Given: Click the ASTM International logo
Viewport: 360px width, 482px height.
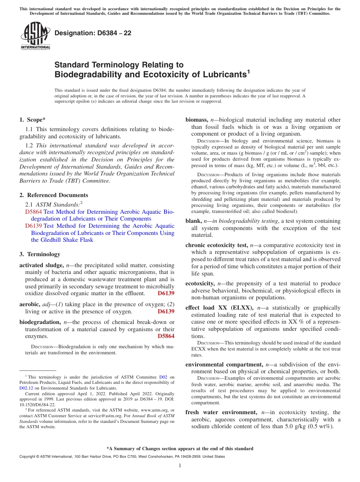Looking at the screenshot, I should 35,36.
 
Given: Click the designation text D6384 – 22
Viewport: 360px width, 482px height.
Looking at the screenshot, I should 93,33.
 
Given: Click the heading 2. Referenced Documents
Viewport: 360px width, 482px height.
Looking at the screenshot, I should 53,195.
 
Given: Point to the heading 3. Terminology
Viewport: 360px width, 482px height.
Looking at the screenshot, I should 40,254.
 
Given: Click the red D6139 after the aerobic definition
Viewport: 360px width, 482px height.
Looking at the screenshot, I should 166,311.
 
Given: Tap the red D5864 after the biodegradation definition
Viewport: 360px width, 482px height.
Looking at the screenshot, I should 166,336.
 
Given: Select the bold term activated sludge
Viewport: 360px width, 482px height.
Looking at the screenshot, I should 41,265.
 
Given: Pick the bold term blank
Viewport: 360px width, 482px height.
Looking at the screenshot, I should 193,221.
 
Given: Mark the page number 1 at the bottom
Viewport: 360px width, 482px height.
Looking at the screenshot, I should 180,466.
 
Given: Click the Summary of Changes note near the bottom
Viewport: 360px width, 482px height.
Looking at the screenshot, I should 180,449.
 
